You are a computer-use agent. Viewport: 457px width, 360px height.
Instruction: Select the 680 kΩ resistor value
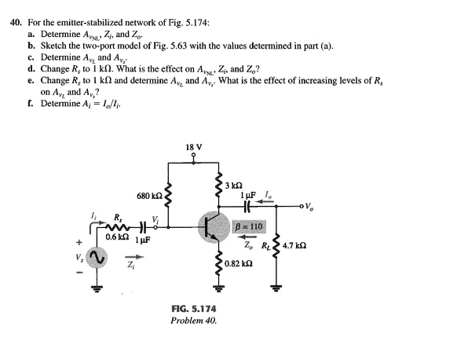149,195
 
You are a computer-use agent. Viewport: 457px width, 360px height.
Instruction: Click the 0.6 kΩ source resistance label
118,236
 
